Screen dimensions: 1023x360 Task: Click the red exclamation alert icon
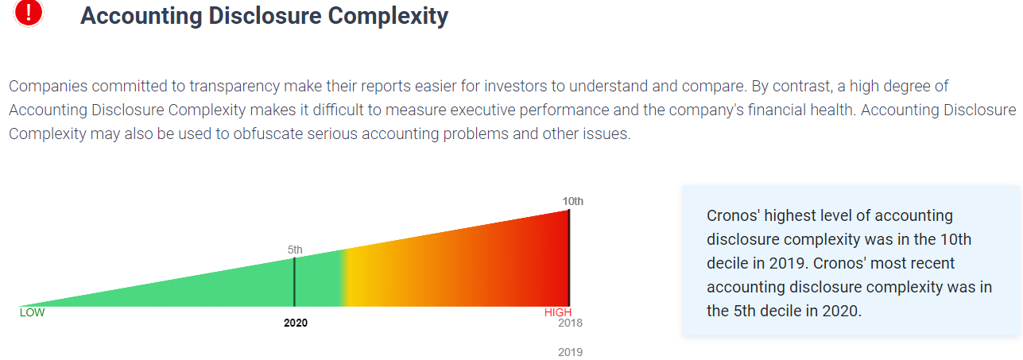click(29, 13)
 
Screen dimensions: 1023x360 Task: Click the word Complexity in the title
click(388, 17)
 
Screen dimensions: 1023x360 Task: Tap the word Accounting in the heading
click(141, 17)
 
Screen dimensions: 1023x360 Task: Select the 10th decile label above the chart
click(572, 201)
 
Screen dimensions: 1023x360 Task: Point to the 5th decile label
click(295, 250)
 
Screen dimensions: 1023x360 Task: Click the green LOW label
click(32, 312)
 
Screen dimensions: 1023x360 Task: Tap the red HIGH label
click(558, 312)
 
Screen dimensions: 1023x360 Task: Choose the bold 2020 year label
click(296, 323)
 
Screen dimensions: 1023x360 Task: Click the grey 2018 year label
click(570, 323)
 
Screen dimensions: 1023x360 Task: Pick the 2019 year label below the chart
click(570, 352)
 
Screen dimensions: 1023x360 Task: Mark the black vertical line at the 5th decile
click(294, 282)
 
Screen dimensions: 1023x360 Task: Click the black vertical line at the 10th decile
click(569, 258)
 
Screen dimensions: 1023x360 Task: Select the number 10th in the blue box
click(956, 239)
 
